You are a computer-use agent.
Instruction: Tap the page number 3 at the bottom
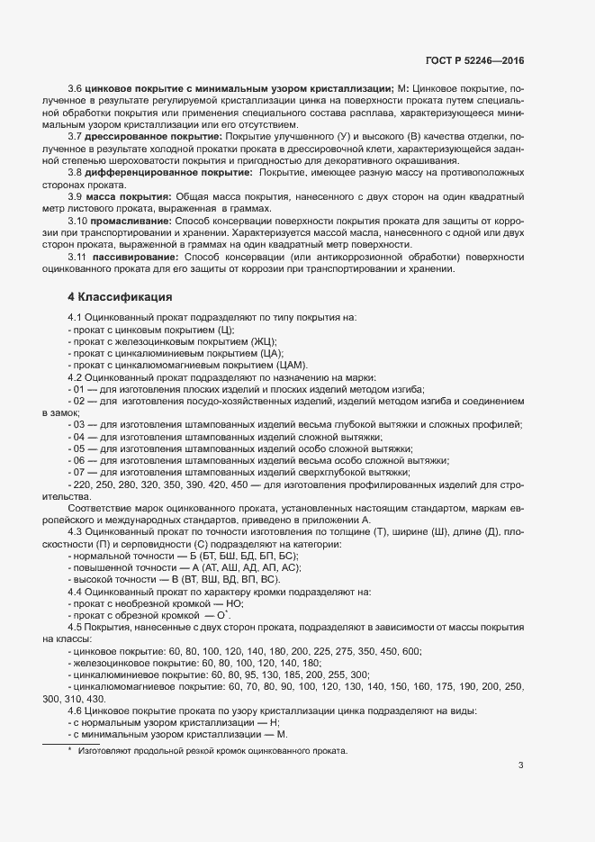[x=520, y=765]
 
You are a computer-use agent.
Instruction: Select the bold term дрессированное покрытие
[x=153, y=135]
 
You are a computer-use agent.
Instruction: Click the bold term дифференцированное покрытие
[x=165, y=171]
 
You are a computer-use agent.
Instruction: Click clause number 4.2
[x=76, y=377]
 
